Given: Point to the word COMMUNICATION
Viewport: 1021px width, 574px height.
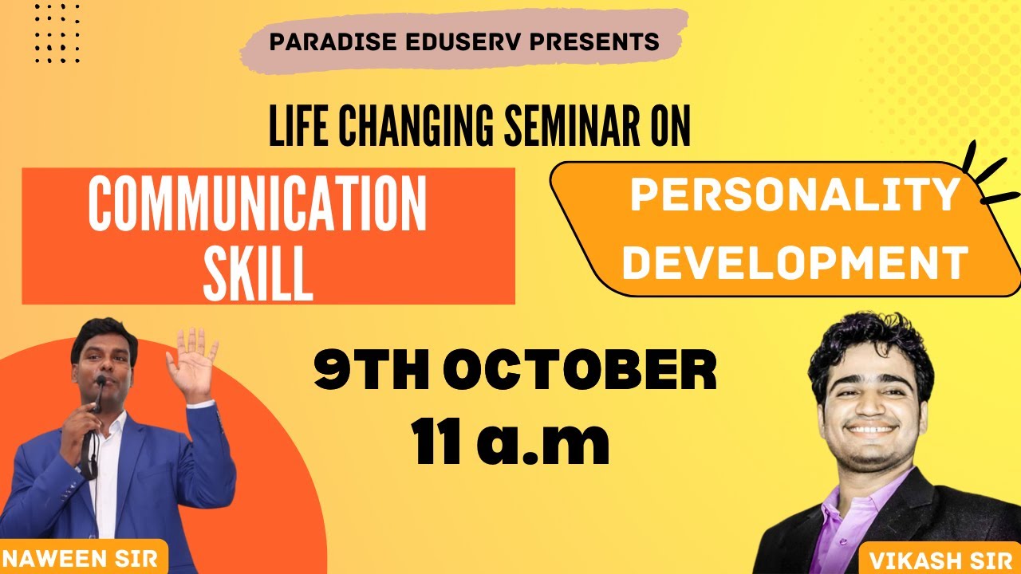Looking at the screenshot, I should click(x=257, y=205).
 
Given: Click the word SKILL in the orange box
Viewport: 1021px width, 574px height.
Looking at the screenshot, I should click(x=257, y=273).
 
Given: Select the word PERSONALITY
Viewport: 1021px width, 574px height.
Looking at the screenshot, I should click(x=794, y=194).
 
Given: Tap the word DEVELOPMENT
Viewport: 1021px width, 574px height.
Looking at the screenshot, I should click(x=794, y=262).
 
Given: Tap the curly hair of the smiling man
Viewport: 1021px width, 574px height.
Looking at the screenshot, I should click(x=869, y=339).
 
